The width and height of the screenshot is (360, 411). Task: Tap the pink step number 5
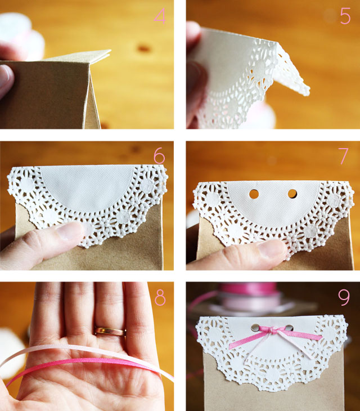[x=345, y=16]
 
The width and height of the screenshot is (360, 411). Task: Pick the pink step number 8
[x=160, y=297]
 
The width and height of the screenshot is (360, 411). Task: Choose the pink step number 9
[x=344, y=297]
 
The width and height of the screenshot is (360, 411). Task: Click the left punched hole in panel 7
[x=254, y=194]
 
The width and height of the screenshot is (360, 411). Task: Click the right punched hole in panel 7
[x=292, y=194]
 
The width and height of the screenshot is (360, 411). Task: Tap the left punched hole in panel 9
[x=256, y=327]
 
